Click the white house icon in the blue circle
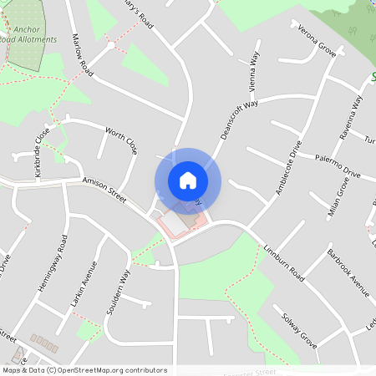tap(188, 180)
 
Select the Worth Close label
tap(121, 140)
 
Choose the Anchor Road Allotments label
tap(28, 33)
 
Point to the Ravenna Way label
tap(353, 116)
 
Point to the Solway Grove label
tap(298, 329)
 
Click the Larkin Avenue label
tap(84, 285)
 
